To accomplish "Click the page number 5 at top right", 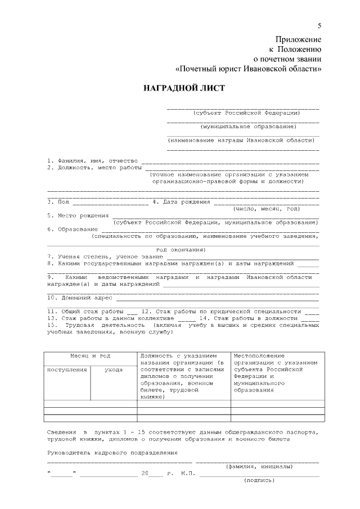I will tap(319, 25).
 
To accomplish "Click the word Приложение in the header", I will tap(298, 39).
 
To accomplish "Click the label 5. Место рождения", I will tap(78, 215).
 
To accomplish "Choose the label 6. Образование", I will tap(72, 229).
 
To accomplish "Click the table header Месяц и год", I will tap(90, 355).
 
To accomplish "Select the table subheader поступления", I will tap(67, 370).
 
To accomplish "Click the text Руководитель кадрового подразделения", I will tap(112, 452).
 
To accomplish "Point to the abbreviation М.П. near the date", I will tap(188, 474).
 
